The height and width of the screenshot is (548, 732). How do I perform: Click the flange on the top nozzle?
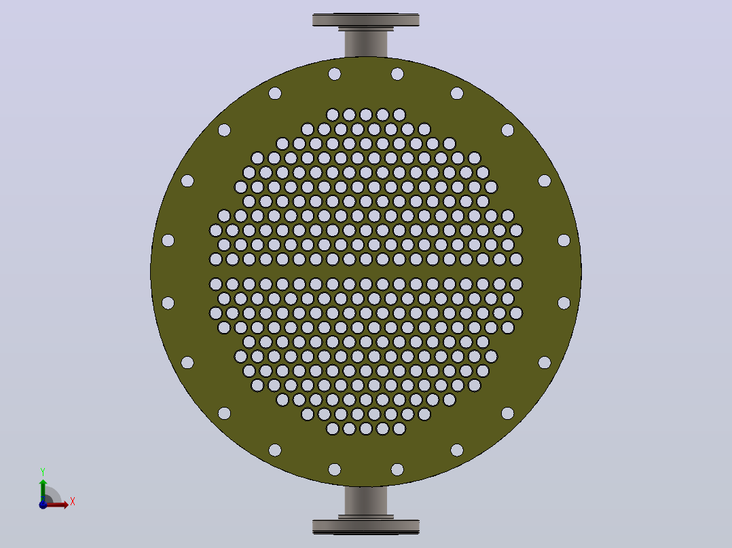click(x=365, y=20)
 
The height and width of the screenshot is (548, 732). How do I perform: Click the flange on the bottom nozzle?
click(x=365, y=526)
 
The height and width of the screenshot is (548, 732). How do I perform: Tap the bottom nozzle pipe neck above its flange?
click(x=365, y=501)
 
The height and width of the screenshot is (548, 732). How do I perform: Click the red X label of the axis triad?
click(x=73, y=502)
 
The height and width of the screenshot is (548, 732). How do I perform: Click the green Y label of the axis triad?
click(x=43, y=472)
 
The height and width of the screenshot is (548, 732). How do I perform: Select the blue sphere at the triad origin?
click(x=43, y=505)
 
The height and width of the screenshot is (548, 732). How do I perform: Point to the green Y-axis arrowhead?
click(x=43, y=483)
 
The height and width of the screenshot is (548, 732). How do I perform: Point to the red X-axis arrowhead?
click(x=66, y=505)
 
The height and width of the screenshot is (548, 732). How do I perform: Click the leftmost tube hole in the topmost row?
click(x=333, y=115)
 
